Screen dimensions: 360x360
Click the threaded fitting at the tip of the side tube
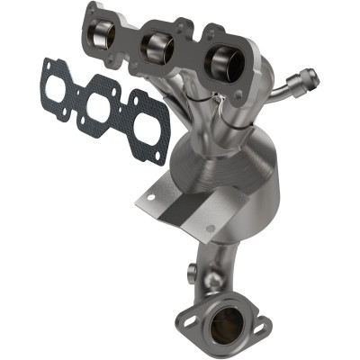tap(307, 78)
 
